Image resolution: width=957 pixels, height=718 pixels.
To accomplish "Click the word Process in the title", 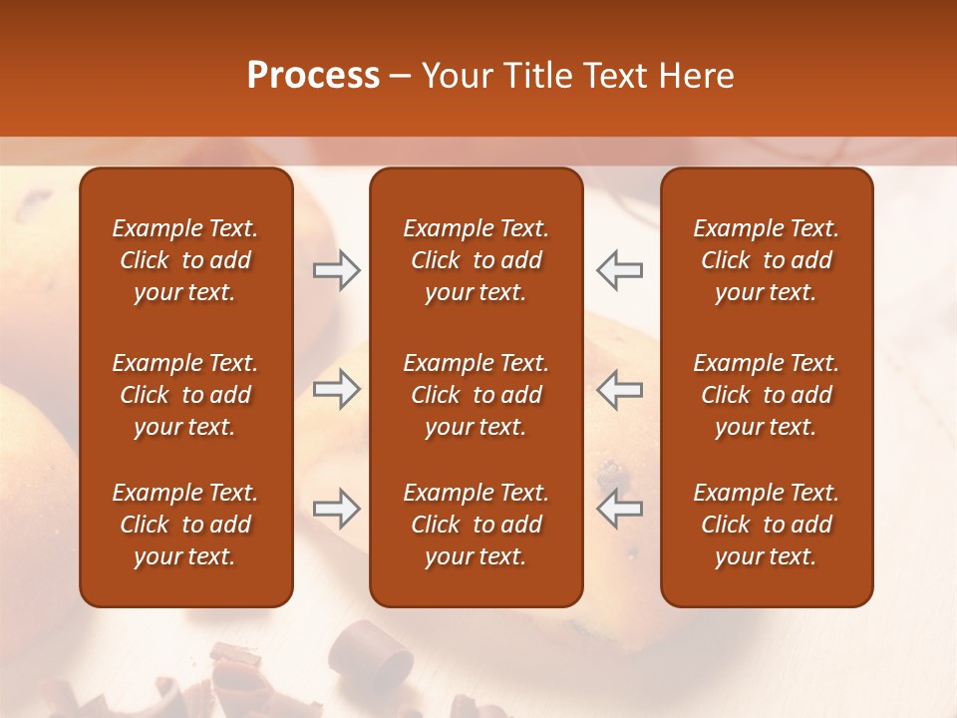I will click(x=313, y=76).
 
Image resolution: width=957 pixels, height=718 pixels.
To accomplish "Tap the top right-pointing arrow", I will click(x=337, y=270).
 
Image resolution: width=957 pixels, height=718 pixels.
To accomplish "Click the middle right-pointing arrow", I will click(x=337, y=389).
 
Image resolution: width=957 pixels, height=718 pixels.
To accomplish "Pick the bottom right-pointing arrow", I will click(x=337, y=509).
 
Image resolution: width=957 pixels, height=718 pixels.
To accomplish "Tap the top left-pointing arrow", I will click(x=619, y=270).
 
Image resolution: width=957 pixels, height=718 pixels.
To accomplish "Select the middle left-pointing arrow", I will click(x=619, y=389).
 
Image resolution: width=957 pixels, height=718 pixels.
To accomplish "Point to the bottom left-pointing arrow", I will click(x=619, y=509).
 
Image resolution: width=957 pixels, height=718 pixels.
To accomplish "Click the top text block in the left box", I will click(x=185, y=260).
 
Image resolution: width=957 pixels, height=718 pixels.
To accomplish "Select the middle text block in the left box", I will click(x=185, y=395).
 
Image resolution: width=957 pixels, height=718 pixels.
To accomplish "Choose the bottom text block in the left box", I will click(x=185, y=525).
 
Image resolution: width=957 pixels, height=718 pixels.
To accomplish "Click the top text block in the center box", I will click(x=476, y=260).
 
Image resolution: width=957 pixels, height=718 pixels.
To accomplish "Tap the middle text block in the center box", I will click(x=476, y=395).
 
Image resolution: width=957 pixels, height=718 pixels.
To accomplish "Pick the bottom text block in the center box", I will click(x=476, y=525).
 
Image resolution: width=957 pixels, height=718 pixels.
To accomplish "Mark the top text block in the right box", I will click(x=766, y=260).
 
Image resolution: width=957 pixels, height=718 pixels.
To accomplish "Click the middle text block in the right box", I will click(x=766, y=395).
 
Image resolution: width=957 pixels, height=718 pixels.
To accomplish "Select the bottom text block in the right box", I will click(x=766, y=525).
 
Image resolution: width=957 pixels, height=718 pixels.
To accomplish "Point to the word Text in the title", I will click(x=622, y=76).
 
